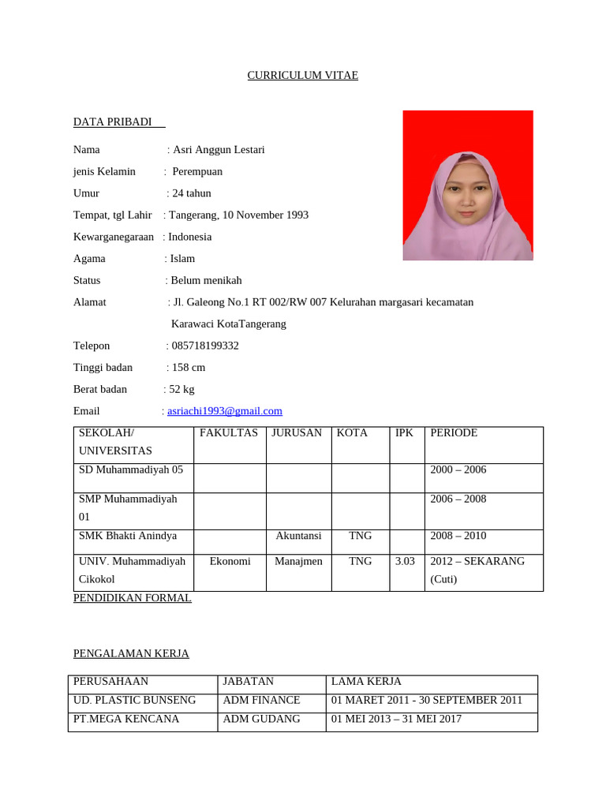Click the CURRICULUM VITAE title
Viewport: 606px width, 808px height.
tap(303, 76)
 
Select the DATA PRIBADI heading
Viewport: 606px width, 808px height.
tap(112, 122)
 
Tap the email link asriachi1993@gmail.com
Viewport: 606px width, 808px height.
tap(225, 411)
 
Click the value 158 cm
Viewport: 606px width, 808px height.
tap(189, 367)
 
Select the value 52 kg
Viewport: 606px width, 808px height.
tap(182, 389)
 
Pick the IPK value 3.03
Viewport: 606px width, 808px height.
tap(404, 561)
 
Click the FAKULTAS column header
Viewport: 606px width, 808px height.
tap(229, 433)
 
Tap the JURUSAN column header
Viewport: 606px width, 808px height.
tap(297, 433)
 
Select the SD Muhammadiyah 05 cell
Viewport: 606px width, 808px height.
tap(131, 469)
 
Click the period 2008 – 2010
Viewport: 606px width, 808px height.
tap(458, 536)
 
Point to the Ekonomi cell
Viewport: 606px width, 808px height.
tap(230, 561)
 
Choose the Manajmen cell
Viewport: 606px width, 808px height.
tap(298, 561)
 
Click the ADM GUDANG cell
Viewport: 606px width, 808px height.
tap(261, 719)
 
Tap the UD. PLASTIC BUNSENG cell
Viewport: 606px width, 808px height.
tap(135, 700)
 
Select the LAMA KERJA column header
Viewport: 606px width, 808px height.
tap(366, 681)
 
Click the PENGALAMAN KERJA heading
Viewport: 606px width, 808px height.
tap(131, 653)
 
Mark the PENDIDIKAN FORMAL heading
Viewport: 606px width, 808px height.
tap(133, 598)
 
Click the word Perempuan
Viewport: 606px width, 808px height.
tap(198, 171)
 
